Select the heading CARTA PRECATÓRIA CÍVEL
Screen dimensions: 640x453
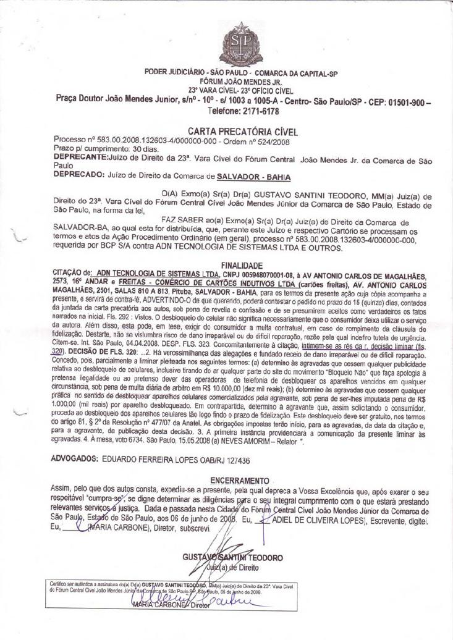point(243,132)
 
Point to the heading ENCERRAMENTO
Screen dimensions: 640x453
point(240,480)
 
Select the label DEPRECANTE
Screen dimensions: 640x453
point(80,158)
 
